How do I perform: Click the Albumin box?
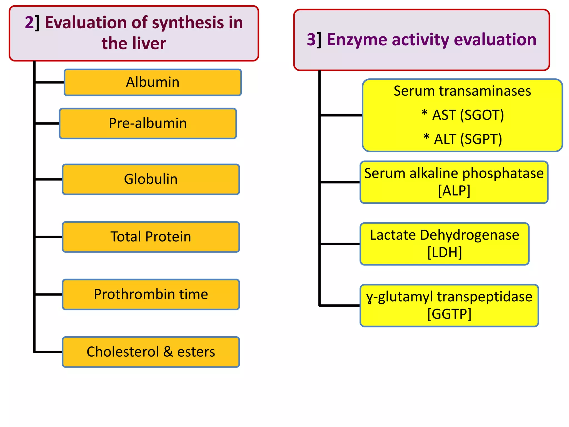[153, 82]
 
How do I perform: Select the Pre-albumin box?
[148, 123]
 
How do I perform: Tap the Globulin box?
[151, 179]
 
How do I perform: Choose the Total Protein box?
[151, 237]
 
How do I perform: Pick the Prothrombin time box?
[151, 294]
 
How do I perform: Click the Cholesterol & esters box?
[151, 352]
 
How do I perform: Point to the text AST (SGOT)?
[468, 115]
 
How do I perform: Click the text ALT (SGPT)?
[468, 139]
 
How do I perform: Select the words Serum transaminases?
[462, 91]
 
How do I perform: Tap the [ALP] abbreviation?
[454, 191]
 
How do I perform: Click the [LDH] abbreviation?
[445, 252]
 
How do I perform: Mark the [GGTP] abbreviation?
[449, 314]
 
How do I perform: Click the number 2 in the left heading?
[29, 23]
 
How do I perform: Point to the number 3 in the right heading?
[311, 39]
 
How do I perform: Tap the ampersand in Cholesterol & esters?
[168, 352]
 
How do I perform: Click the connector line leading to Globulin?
[49, 180]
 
